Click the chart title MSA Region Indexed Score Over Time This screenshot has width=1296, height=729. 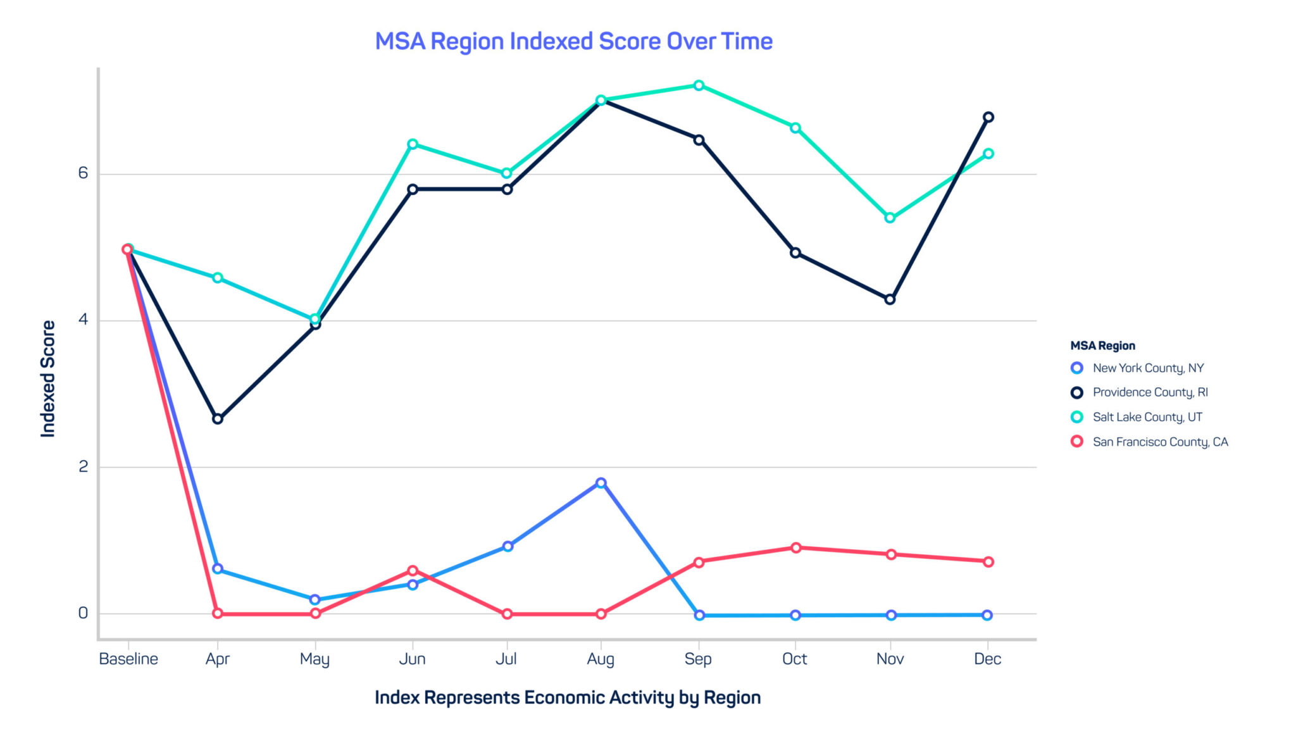tap(573, 42)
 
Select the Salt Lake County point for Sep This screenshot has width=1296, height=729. tap(699, 85)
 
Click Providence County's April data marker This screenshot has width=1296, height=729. tap(218, 419)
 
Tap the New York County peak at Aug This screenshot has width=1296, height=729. tap(601, 483)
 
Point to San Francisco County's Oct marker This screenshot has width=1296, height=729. tap(796, 547)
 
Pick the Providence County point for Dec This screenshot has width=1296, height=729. tap(988, 117)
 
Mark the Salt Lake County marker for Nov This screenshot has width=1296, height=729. tap(890, 218)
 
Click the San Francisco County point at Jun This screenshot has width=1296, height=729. tap(413, 571)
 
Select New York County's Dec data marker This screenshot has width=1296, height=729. tap(987, 615)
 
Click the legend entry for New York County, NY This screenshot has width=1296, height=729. tap(1147, 368)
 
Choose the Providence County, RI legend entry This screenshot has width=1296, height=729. tap(1149, 392)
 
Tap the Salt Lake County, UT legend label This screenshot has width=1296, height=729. tap(1147, 417)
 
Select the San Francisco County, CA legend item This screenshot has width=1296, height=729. tap(1159, 442)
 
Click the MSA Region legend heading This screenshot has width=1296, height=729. tap(1102, 346)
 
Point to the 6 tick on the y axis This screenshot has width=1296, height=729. tap(83, 173)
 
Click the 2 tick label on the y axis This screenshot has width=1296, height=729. tap(83, 467)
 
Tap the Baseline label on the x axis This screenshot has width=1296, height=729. tap(128, 659)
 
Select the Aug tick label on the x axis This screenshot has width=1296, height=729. tap(601, 659)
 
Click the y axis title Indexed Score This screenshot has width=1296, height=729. tap(48, 378)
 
